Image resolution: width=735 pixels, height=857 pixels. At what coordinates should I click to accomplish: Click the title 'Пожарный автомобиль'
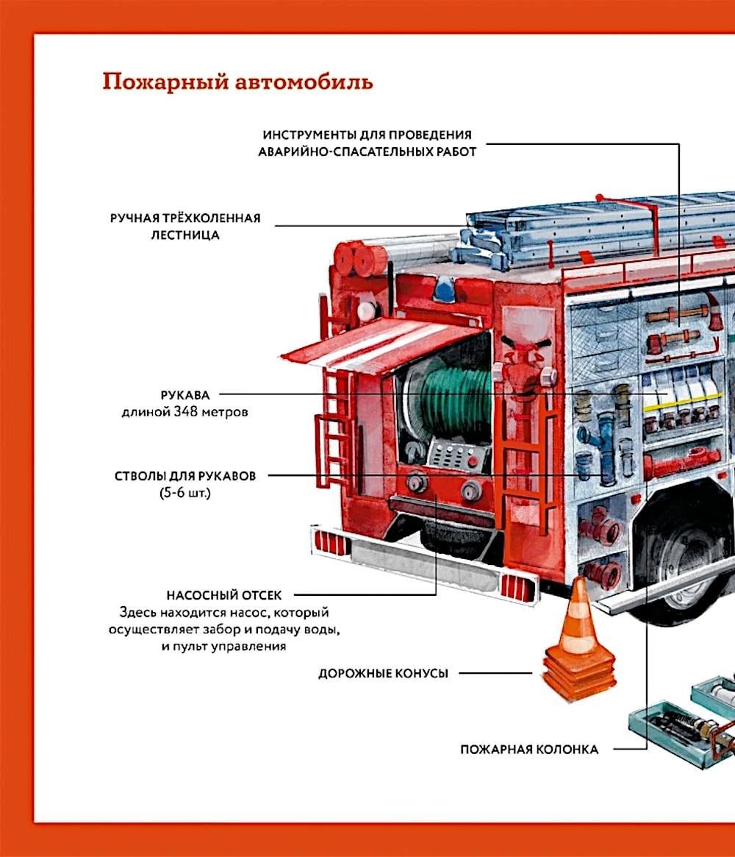coord(237,82)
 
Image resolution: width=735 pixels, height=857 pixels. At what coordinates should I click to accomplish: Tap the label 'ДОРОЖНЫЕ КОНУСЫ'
coord(384,673)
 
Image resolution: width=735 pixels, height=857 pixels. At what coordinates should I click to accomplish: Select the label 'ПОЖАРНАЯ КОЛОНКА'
coord(529,750)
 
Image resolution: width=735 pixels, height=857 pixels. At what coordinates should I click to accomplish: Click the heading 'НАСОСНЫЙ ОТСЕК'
coord(224,595)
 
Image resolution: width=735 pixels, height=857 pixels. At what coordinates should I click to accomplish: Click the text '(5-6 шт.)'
coord(185,492)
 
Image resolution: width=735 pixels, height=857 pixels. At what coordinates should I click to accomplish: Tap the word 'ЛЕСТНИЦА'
coord(185,235)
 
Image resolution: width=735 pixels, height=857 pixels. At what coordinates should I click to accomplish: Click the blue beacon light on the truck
coord(444,288)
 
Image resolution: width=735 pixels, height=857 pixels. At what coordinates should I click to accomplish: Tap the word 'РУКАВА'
coord(185,395)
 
